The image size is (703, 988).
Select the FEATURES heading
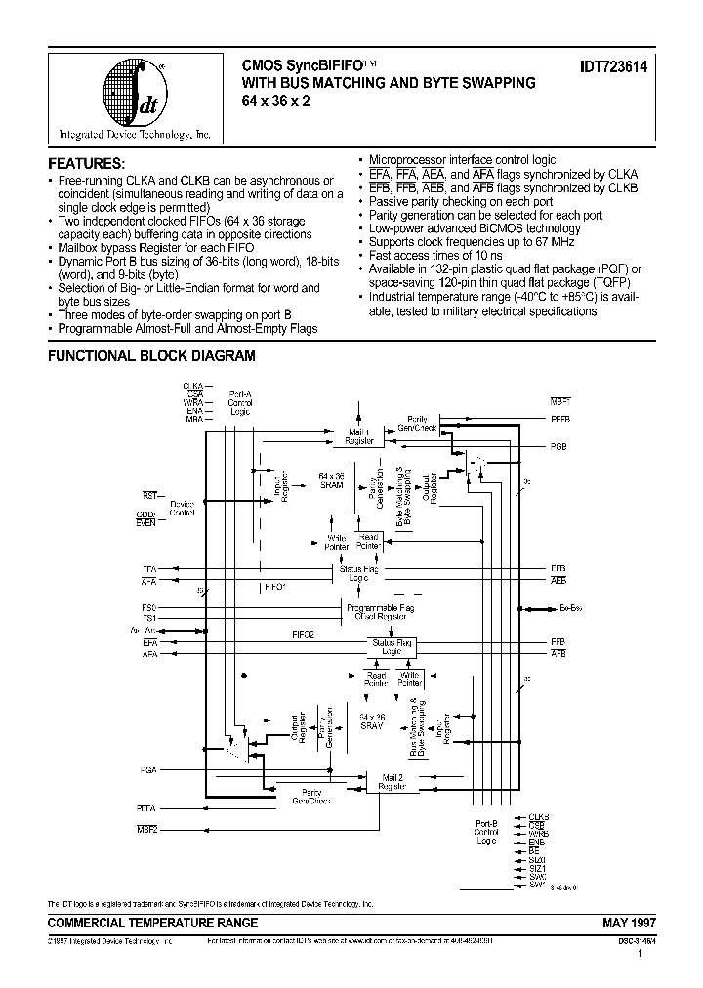click(x=87, y=162)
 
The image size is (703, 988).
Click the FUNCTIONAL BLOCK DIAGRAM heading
click(x=151, y=356)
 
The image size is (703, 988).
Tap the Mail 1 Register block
click(x=358, y=435)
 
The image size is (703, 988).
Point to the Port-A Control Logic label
click(x=240, y=401)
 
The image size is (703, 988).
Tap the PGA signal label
click(x=148, y=770)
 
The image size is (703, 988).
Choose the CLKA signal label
click(x=192, y=386)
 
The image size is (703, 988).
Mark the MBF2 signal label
click(x=147, y=829)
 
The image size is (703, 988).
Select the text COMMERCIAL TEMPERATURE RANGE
click(x=153, y=923)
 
